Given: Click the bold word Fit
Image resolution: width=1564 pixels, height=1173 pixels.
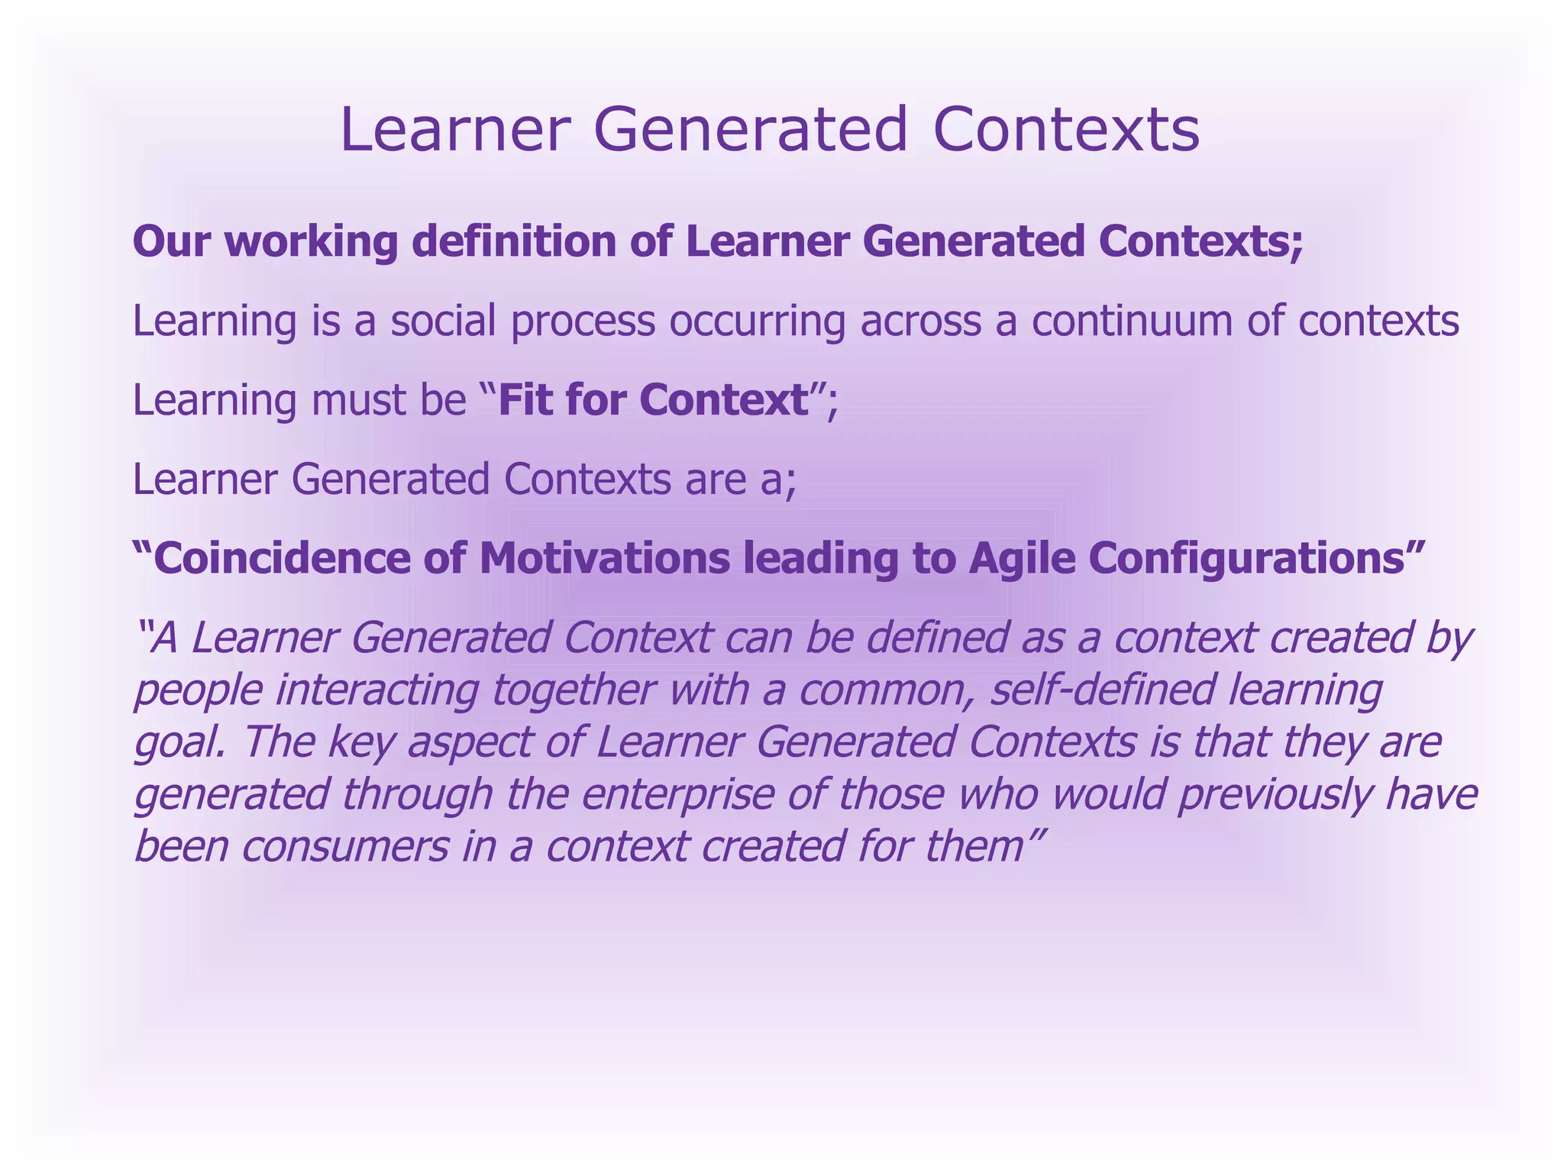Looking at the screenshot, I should [x=526, y=400].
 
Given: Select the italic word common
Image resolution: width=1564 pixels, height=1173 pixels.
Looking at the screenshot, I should [x=887, y=690].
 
